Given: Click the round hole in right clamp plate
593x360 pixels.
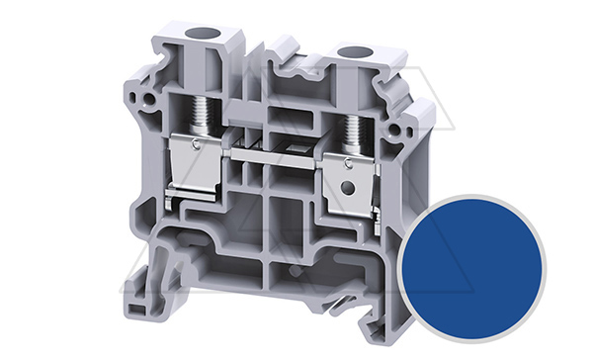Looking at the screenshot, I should [347, 189].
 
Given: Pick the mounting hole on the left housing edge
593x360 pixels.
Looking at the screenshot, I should [148, 100].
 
